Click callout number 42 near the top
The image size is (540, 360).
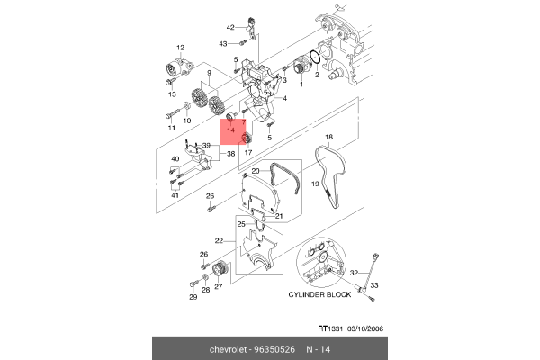pyautogui.click(x=230, y=28)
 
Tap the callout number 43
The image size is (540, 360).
pyautogui.click(x=224, y=43)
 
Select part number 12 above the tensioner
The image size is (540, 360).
pyautogui.click(x=180, y=48)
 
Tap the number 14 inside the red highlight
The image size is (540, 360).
pyautogui.click(x=231, y=130)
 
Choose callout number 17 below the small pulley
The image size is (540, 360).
pyautogui.click(x=247, y=152)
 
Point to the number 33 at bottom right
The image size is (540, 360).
pyautogui.click(x=376, y=283)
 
